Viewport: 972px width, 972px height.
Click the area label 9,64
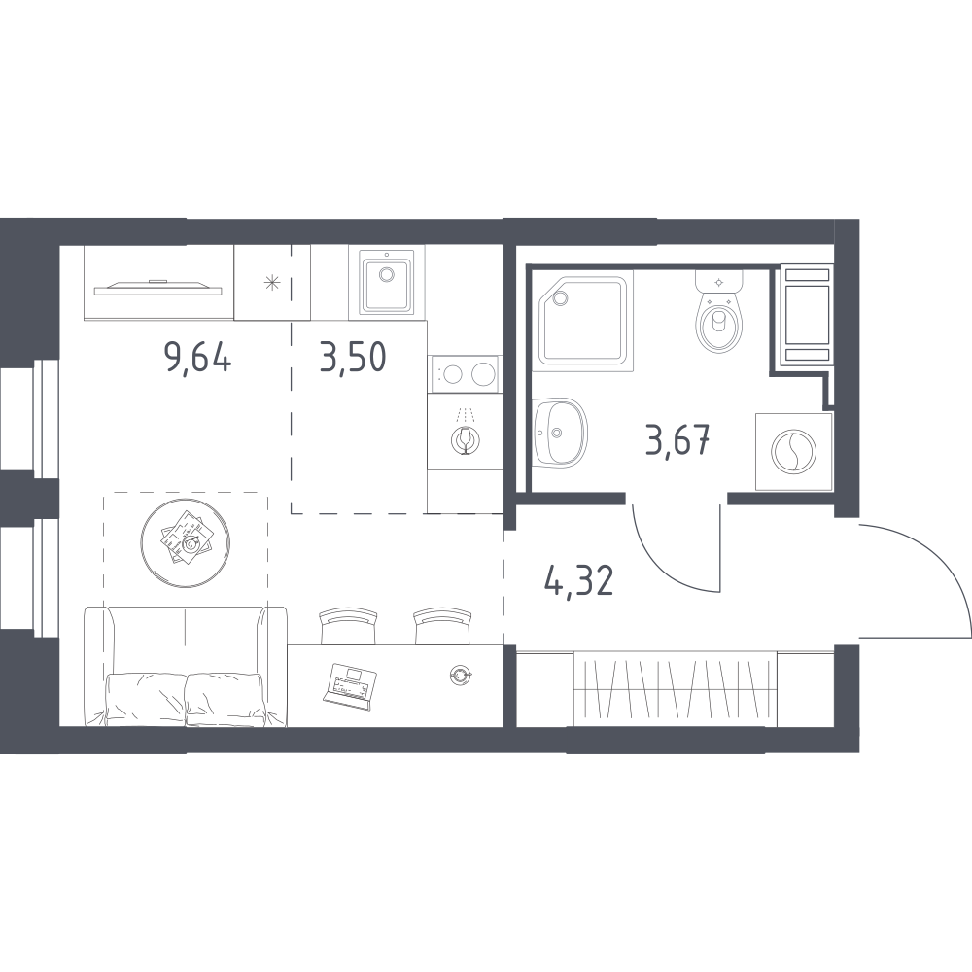click(x=197, y=359)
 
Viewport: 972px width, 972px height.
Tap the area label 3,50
click(x=354, y=358)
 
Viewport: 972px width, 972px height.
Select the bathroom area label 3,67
click(x=678, y=440)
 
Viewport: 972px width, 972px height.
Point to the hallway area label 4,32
click(x=579, y=581)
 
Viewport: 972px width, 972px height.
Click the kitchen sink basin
click(x=386, y=285)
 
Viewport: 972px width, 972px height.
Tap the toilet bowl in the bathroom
click(x=719, y=322)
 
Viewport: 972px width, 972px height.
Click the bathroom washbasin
click(x=559, y=431)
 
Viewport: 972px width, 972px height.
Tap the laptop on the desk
click(x=349, y=685)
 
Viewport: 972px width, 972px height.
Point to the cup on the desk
click(x=460, y=676)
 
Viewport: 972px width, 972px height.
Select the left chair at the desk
click(x=348, y=626)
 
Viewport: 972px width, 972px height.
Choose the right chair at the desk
click(x=442, y=626)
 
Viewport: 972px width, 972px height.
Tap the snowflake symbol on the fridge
click(x=272, y=283)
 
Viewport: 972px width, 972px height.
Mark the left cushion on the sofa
click(x=147, y=697)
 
